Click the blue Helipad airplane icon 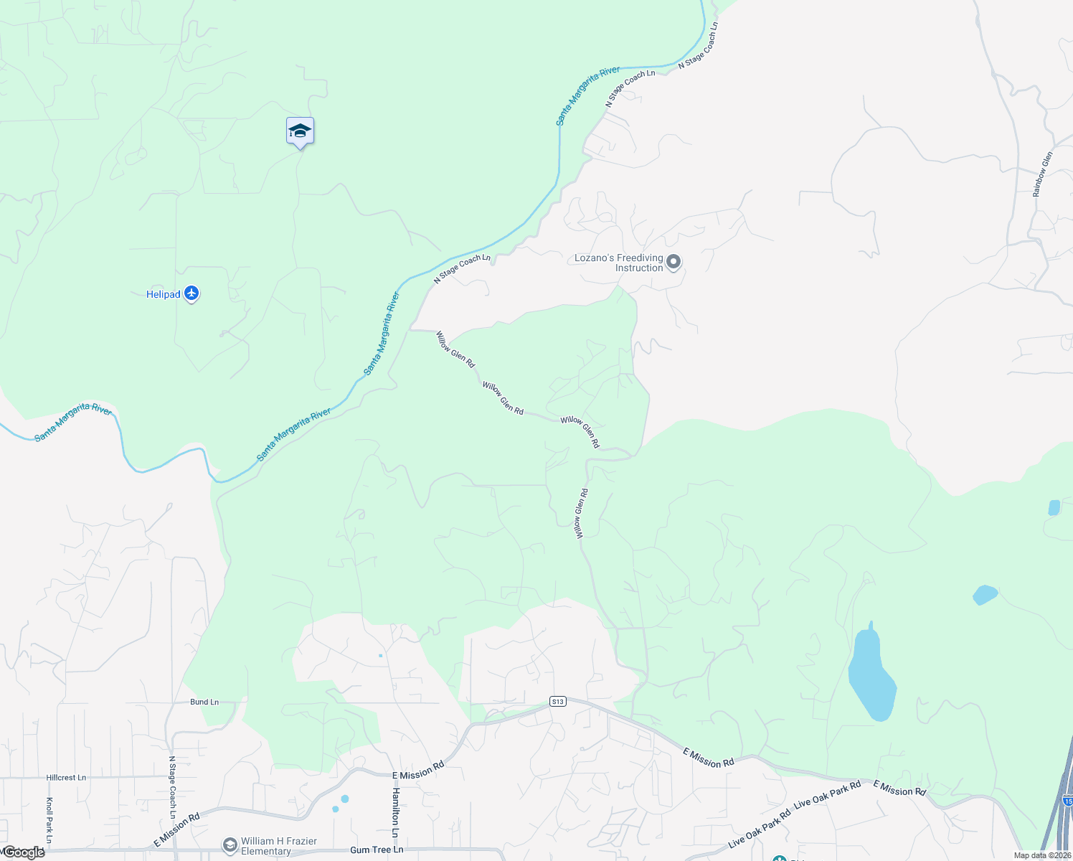coord(191,293)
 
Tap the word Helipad coord(163,294)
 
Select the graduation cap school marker coord(300,131)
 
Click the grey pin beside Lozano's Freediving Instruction coord(673,262)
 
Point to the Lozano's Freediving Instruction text coord(619,263)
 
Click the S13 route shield coord(558,701)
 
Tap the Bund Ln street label coord(204,702)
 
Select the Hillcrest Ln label coord(66,777)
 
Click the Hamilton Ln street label coord(395,812)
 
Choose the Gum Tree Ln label coord(377,850)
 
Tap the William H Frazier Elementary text coord(278,846)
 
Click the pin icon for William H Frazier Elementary coord(230,846)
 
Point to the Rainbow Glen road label coord(1043,174)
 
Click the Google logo coord(24,852)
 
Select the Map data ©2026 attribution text coord(1041,855)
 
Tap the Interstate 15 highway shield coord(1068,800)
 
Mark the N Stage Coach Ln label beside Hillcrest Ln coord(172,787)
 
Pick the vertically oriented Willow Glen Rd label coord(581,514)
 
